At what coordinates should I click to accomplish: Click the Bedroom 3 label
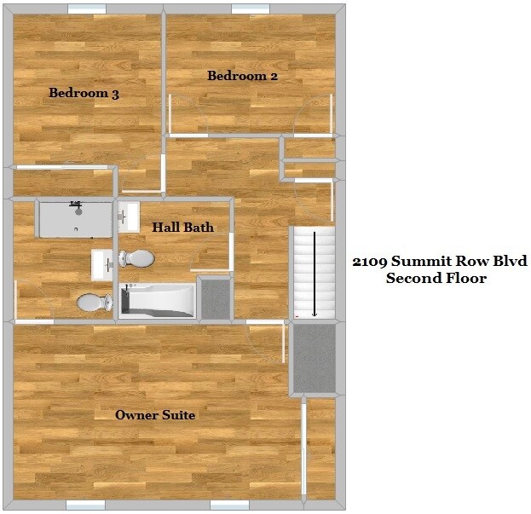point(83,94)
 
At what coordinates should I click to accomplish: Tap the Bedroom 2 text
point(243,76)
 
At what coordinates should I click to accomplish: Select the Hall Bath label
point(182,228)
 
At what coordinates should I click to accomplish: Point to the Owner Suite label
point(155,415)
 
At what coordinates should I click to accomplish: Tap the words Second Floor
point(436,278)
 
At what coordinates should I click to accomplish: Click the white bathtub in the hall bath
point(159,300)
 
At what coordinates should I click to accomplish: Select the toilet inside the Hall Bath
point(136,258)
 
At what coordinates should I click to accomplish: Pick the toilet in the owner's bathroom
point(95,302)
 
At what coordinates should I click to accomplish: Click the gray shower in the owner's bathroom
point(76,219)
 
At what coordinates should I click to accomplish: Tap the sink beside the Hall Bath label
point(128,217)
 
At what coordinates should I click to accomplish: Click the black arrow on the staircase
point(315,273)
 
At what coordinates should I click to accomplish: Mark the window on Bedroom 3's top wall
point(87,9)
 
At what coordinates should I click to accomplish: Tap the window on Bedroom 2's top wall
point(250,9)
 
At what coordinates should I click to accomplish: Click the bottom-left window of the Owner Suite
point(85,505)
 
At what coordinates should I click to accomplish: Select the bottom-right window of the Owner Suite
point(229,505)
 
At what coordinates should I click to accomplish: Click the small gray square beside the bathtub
point(215,298)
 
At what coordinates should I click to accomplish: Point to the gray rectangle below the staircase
point(314,358)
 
